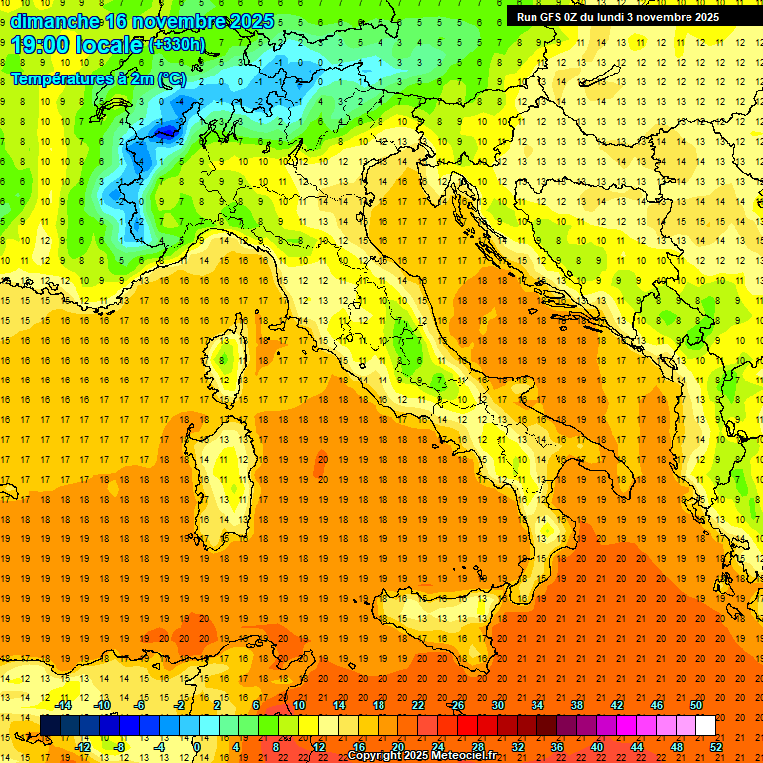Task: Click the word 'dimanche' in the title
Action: [55, 21]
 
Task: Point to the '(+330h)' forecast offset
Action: [176, 45]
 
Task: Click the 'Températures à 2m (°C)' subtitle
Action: [97, 77]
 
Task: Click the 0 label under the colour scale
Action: [197, 747]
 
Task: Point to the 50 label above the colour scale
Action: [696, 705]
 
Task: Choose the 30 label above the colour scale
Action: [497, 705]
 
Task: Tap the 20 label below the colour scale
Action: [397, 747]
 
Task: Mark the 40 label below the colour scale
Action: [597, 747]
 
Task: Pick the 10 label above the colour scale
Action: [298, 705]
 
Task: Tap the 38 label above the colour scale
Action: [576, 705]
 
